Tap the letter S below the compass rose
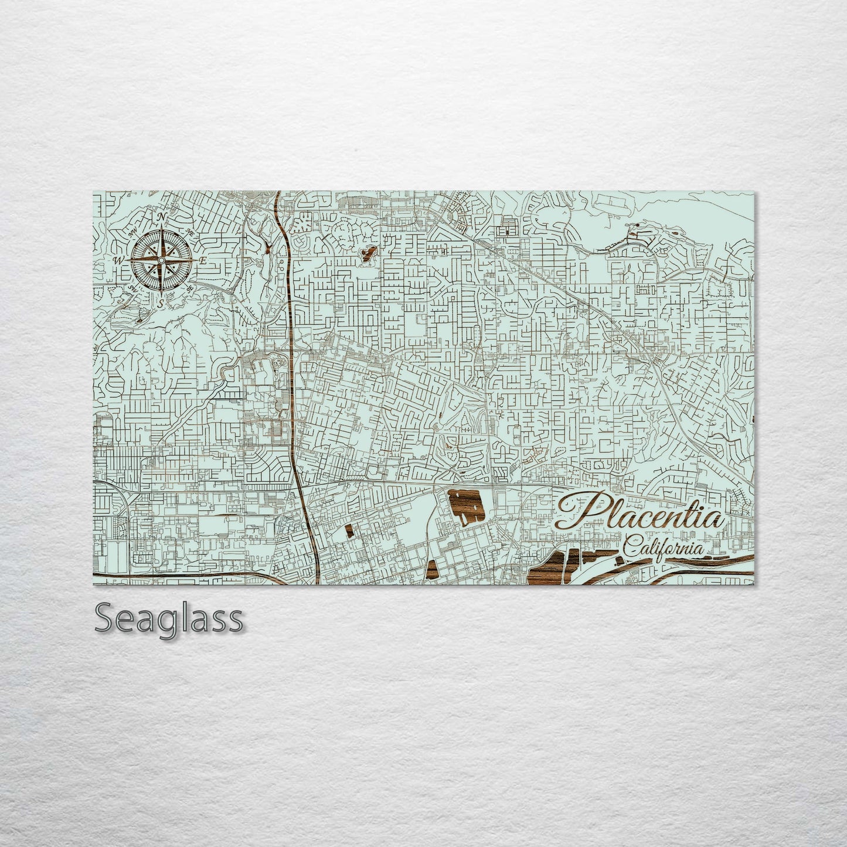click(x=160, y=302)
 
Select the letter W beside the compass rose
click(x=118, y=260)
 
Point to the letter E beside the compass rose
click(x=202, y=260)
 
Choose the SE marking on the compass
click(x=188, y=288)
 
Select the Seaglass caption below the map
click(x=168, y=618)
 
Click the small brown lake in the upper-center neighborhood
click(x=368, y=254)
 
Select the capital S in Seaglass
click(x=104, y=618)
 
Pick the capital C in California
click(x=630, y=549)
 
